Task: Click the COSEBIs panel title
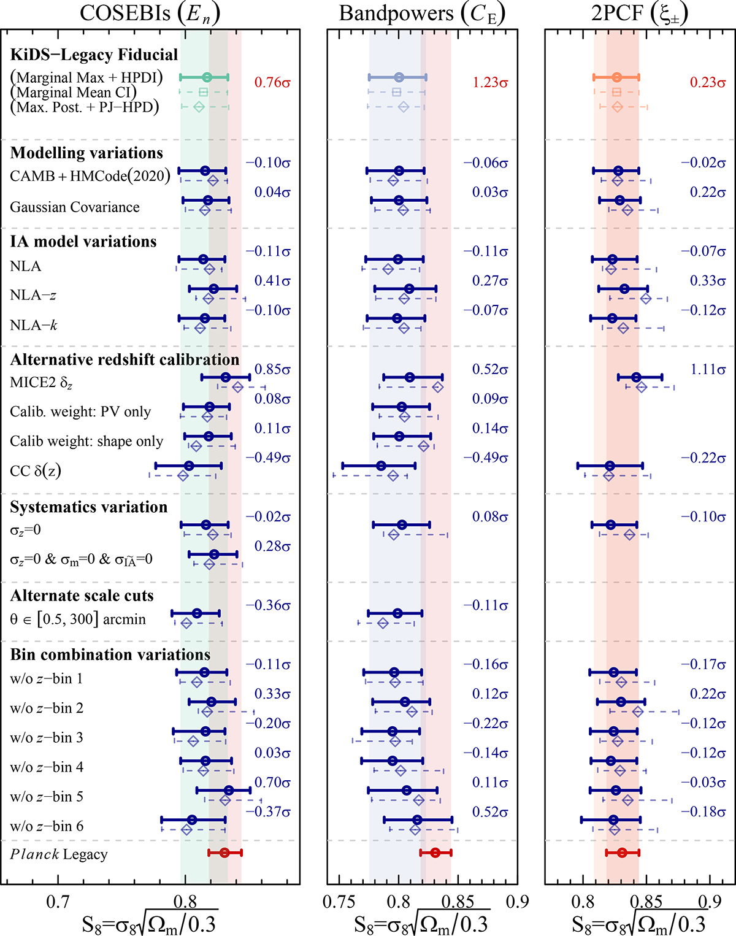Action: click(150, 13)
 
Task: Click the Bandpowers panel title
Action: click(422, 13)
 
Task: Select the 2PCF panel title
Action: click(639, 13)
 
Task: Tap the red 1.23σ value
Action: click(490, 82)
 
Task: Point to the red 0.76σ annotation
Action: click(272, 82)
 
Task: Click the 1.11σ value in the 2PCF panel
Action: click(708, 369)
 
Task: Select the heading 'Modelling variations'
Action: click(86, 153)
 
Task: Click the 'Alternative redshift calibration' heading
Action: click(125, 359)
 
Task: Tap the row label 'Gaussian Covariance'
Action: click(75, 207)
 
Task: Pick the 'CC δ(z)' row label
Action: click(36, 471)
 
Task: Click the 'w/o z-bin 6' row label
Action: click(47, 826)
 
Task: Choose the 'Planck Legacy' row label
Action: click(59, 854)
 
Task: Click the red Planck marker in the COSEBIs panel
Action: click(224, 853)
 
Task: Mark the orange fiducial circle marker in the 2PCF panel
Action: click(616, 77)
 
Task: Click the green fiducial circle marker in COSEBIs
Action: click(207, 77)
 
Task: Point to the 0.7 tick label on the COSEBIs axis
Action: click(58, 902)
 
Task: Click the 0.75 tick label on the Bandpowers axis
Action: click(339, 902)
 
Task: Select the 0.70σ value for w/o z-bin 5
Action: click(272, 783)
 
